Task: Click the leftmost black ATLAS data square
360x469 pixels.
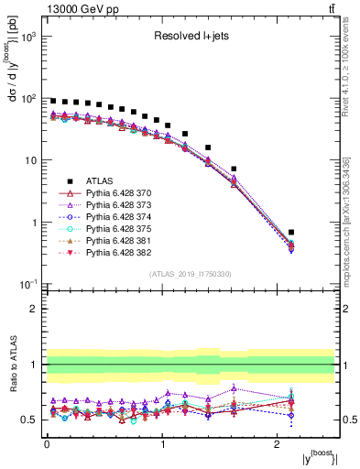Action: (53, 101)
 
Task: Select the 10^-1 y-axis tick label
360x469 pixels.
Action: (28, 284)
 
